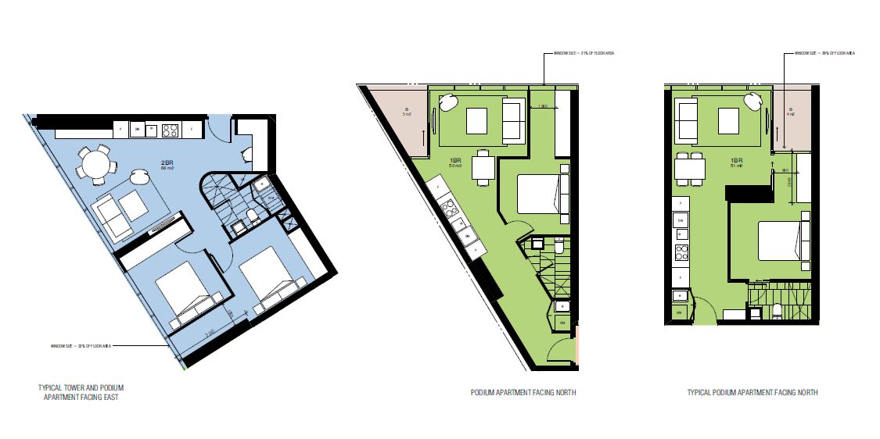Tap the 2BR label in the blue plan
(166, 165)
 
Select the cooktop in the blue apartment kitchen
(170, 130)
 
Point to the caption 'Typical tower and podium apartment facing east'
(81, 392)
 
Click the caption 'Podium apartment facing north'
(523, 393)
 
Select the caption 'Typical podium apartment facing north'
(752, 393)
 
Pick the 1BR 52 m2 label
(455, 162)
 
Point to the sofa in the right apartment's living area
(687, 120)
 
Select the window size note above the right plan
(824, 53)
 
